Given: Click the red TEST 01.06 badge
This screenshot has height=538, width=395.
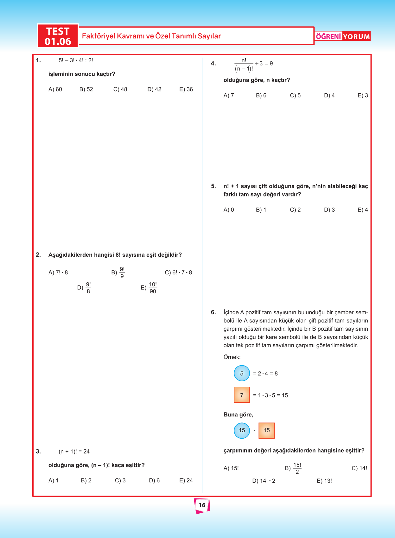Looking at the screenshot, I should pyautogui.click(x=58, y=36).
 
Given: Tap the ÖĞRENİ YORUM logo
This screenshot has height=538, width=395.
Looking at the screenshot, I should pyautogui.click(x=343, y=36).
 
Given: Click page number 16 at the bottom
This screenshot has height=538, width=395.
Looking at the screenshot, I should pyautogui.click(x=202, y=505).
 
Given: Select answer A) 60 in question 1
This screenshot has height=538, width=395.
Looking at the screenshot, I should pyautogui.click(x=55, y=90).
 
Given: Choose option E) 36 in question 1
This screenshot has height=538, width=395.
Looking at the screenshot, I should pyautogui.click(x=186, y=90).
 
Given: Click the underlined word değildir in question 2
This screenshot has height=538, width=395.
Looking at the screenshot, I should pyautogui.click(x=168, y=255).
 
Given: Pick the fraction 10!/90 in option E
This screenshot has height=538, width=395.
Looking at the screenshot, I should pyautogui.click(x=153, y=288).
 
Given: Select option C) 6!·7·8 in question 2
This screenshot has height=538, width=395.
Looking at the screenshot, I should pyautogui.click(x=178, y=272).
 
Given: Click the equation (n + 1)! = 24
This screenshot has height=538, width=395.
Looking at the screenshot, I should pyautogui.click(x=74, y=452).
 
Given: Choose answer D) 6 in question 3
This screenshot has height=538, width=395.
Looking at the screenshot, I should pyautogui.click(x=154, y=481).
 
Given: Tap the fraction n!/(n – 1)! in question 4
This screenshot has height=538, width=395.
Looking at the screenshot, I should pyautogui.click(x=244, y=65).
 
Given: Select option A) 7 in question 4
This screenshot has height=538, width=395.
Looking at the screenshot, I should pyautogui.click(x=229, y=96).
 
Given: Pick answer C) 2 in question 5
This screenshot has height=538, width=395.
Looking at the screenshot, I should pyautogui.click(x=295, y=210).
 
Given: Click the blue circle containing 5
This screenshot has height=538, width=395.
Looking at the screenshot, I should pyautogui.click(x=242, y=373).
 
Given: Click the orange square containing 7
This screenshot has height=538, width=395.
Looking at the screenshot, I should pyautogui.click(x=242, y=395).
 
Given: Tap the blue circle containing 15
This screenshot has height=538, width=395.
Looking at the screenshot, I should pyautogui.click(x=242, y=430).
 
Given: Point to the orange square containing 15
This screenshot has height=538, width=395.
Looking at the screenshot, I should pyautogui.click(x=267, y=430).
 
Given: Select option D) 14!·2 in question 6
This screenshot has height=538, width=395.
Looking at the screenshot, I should pyautogui.click(x=264, y=481).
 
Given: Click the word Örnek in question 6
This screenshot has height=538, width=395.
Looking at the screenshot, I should pyautogui.click(x=232, y=357).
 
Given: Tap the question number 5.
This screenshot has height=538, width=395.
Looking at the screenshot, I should pyautogui.click(x=213, y=186).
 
